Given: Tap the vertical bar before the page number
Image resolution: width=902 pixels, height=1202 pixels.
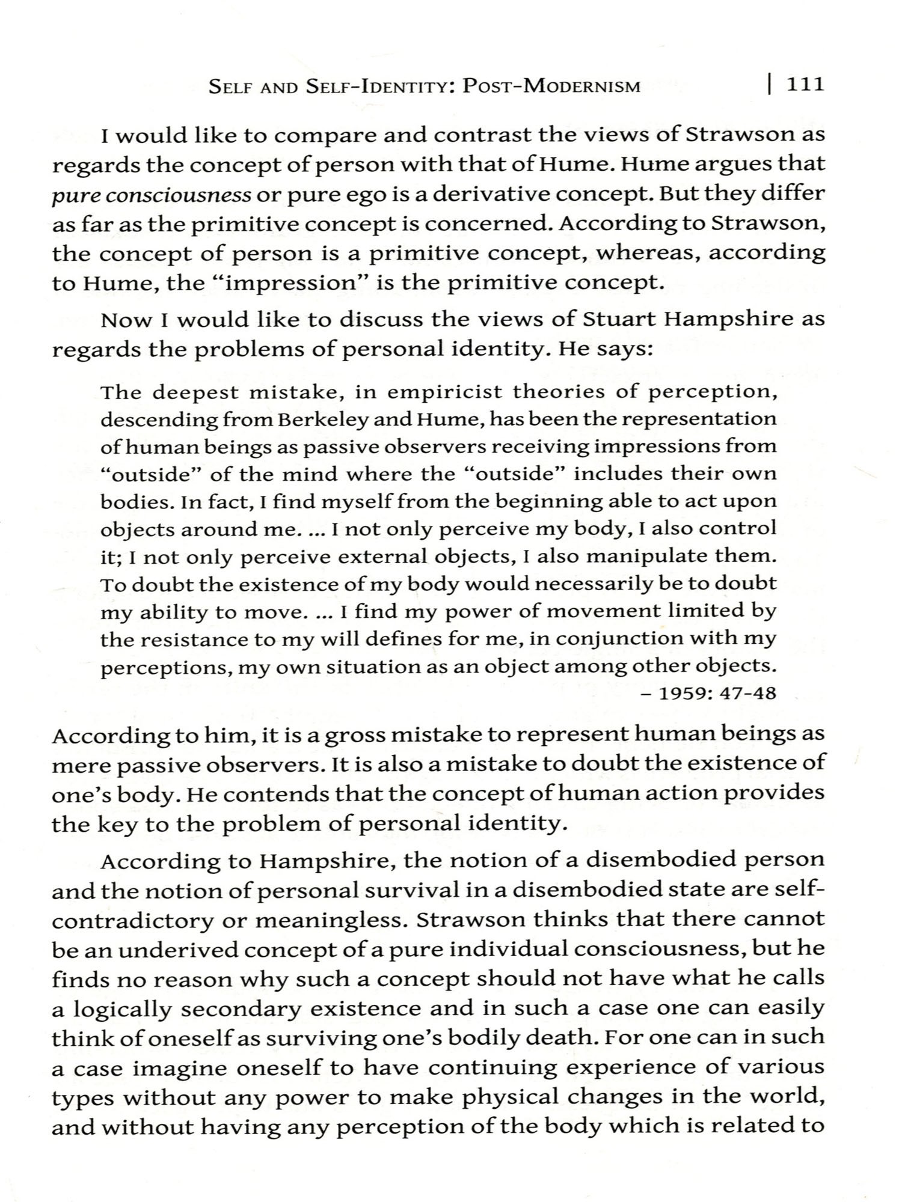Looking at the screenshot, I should tap(770, 84).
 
